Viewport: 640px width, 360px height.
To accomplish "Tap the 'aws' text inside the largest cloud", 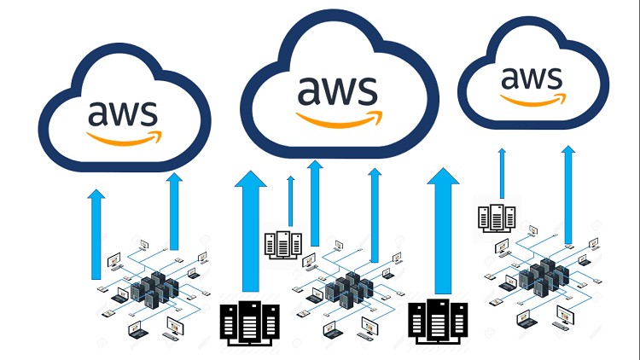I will tap(338, 89).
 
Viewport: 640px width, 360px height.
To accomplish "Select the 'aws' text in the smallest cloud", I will tap(533, 77).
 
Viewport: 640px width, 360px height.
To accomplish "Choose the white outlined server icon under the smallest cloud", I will tap(495, 217).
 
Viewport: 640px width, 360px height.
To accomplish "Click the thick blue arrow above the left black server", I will tap(250, 230).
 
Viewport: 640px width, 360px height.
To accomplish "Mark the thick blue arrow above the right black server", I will tap(443, 230).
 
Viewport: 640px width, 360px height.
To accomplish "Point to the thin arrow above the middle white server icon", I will tap(291, 201).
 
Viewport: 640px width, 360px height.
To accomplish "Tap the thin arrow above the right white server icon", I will tap(502, 175).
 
